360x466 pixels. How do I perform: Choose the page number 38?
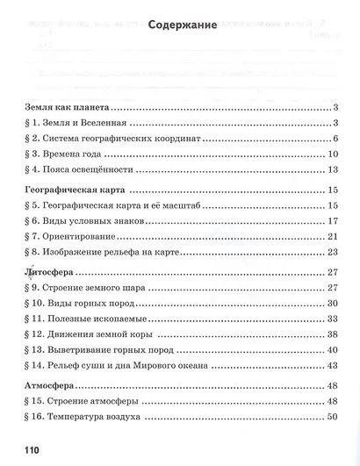click(333, 335)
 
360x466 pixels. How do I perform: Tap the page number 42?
click(333, 368)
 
